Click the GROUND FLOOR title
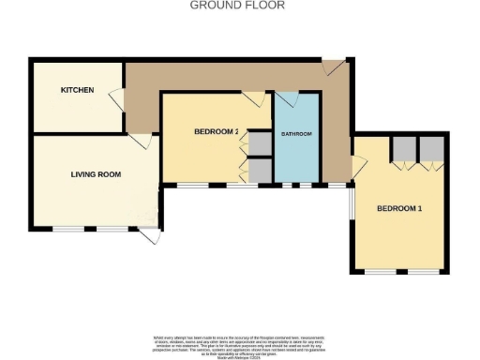[237, 5]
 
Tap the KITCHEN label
[77, 90]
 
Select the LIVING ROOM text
[96, 174]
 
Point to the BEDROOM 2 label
[216, 132]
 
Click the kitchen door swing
[115, 96]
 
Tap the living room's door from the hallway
[141, 141]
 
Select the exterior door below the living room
[148, 237]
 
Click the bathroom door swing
[285, 99]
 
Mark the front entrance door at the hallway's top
[332, 67]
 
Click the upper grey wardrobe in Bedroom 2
[260, 142]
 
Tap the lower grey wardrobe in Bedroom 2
[260, 170]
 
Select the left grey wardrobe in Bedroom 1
[404, 148]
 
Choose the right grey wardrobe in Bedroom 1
[431, 148]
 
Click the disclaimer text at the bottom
[239, 343]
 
